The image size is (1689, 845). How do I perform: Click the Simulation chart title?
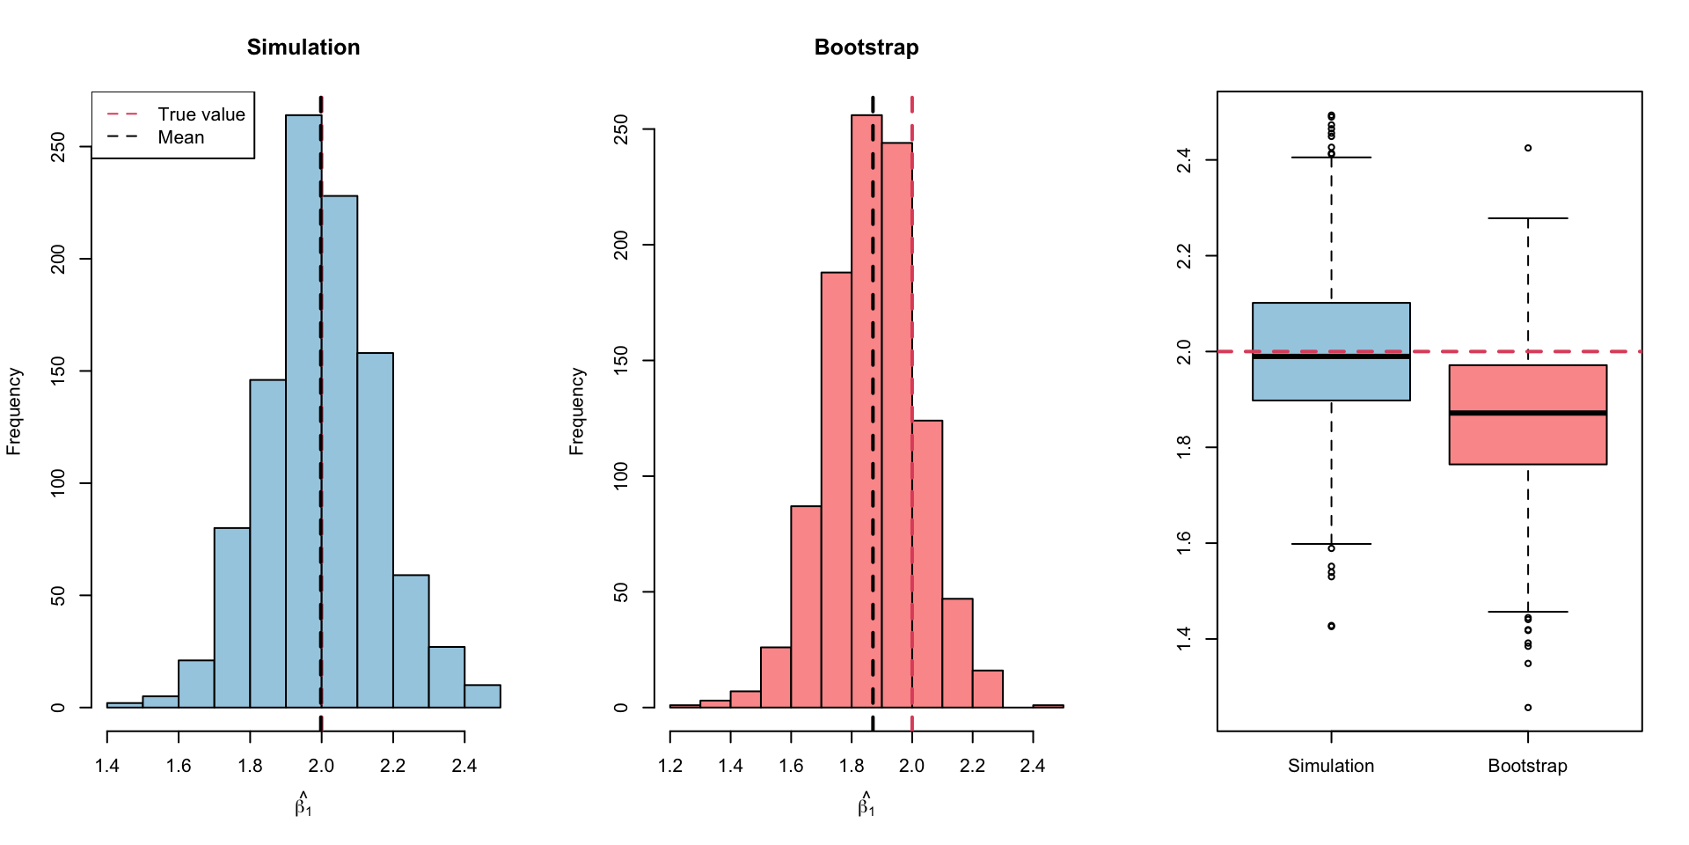click(x=303, y=48)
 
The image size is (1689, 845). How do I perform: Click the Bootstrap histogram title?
click(x=866, y=48)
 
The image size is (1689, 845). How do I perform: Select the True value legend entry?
click(x=201, y=114)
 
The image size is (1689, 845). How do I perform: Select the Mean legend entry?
click(x=180, y=137)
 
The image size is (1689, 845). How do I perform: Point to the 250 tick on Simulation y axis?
click(x=58, y=147)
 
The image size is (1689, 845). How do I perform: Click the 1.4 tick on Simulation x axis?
click(x=107, y=766)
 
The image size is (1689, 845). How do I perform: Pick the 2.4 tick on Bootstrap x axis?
click(x=1033, y=766)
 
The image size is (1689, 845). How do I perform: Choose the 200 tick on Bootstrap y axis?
click(x=621, y=245)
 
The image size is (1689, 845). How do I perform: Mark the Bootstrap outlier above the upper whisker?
click(x=1528, y=148)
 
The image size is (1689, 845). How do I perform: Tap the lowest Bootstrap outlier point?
click(x=1528, y=708)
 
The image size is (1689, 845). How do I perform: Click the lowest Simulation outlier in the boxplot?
click(x=1331, y=626)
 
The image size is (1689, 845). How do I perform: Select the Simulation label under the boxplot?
click(x=1331, y=766)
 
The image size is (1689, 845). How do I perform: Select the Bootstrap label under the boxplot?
click(x=1528, y=766)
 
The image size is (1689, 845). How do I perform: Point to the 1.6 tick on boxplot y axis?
click(x=1184, y=543)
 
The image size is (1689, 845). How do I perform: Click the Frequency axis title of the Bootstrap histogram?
click(x=577, y=411)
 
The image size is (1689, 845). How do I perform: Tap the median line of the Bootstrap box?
click(x=1528, y=413)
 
